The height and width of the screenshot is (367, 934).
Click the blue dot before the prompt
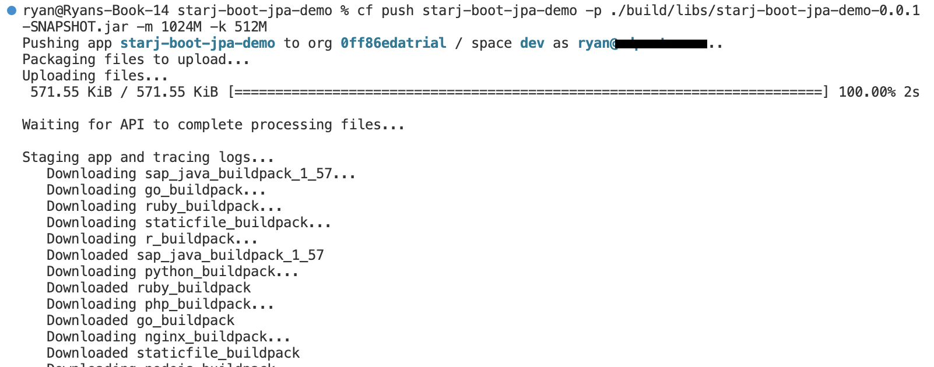point(11,10)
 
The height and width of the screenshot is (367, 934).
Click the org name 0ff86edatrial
point(393,43)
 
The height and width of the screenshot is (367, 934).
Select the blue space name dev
point(532,43)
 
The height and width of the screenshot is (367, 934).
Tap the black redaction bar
point(662,43)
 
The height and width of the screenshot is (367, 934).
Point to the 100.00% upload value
point(866,92)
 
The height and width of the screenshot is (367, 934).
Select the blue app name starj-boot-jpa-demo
point(198,43)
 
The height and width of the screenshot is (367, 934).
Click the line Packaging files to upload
point(136,59)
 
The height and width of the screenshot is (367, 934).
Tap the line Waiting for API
point(213,125)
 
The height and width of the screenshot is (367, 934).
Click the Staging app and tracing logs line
point(148,157)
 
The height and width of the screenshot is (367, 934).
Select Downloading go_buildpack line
point(156,190)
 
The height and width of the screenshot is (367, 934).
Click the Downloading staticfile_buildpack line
point(188,223)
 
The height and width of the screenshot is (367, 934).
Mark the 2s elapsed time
point(911,92)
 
